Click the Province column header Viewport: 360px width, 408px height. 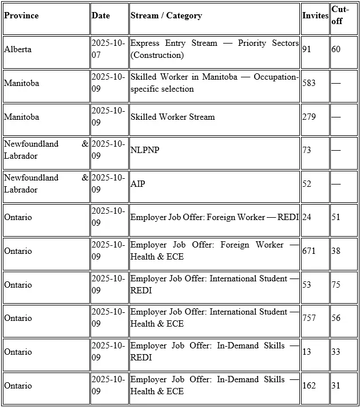(x=21, y=15)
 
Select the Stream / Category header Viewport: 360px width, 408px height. (x=166, y=15)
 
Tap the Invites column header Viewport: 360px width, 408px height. (x=315, y=15)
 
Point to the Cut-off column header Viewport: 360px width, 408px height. (x=340, y=15)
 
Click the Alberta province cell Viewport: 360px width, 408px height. (x=18, y=49)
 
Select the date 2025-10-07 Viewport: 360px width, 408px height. (x=108, y=49)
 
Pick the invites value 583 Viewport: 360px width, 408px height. (x=309, y=83)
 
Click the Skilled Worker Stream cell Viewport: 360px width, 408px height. (x=172, y=117)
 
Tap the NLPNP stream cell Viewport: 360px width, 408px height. (x=143, y=150)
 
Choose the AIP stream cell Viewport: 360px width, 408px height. (x=137, y=184)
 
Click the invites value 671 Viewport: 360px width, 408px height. (x=309, y=251)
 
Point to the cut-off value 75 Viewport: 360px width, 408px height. (x=336, y=285)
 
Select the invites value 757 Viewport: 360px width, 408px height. (x=309, y=318)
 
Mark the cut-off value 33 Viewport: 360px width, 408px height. (x=336, y=352)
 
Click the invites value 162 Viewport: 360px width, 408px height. (x=309, y=386)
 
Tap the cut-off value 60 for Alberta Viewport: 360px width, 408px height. (x=336, y=49)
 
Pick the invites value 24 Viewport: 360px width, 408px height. (x=307, y=217)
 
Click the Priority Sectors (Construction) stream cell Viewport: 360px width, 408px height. (x=214, y=49)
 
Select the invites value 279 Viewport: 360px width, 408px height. (x=309, y=117)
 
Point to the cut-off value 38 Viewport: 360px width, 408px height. (x=336, y=251)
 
